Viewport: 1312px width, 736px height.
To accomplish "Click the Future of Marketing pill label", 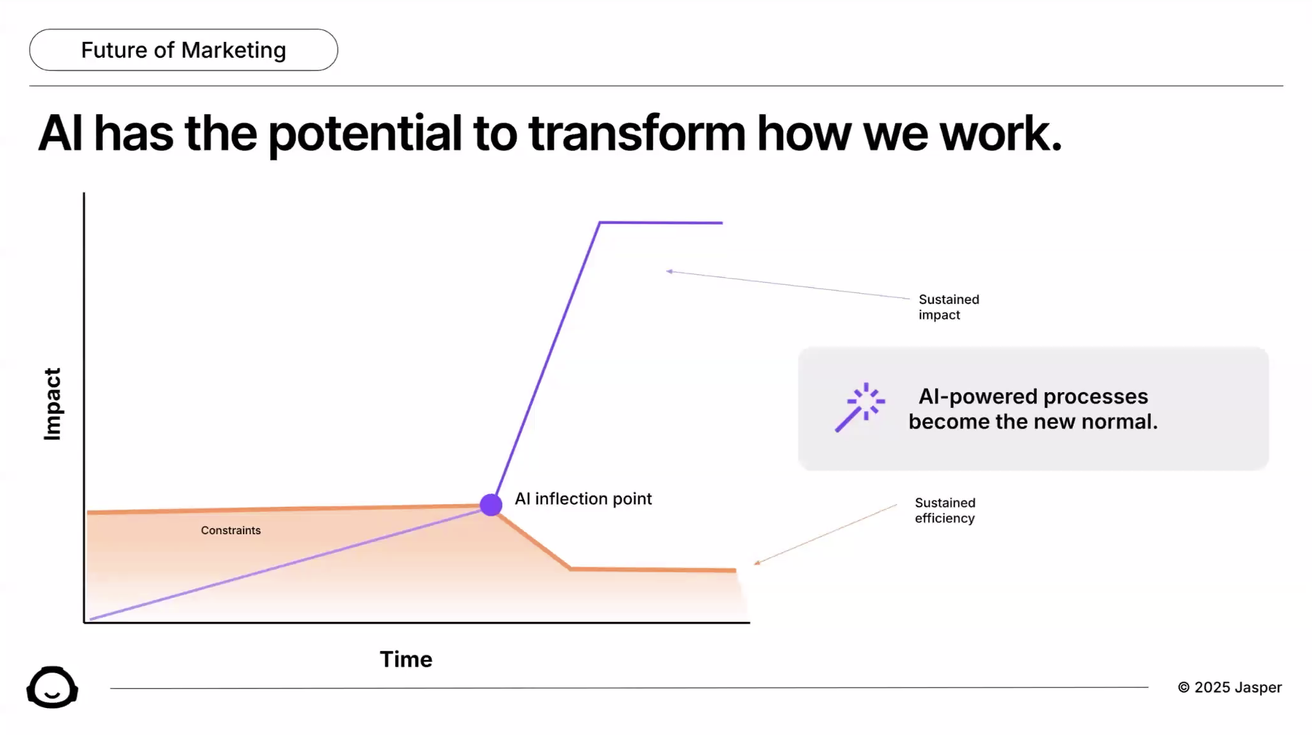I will tap(183, 50).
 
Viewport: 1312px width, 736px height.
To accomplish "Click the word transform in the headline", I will tap(636, 134).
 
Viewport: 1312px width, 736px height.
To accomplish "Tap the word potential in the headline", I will tap(365, 134).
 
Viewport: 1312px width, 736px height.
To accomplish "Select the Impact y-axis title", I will tap(52, 404).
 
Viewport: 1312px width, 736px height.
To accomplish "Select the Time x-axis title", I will tap(406, 659).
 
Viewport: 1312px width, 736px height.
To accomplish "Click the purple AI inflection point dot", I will tap(491, 504).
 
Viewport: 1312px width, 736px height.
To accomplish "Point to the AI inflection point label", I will tap(583, 499).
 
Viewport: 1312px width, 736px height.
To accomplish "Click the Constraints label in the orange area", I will tap(231, 530).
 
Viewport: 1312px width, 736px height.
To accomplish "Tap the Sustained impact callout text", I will tap(948, 307).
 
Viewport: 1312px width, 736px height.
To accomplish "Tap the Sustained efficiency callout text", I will tap(945, 510).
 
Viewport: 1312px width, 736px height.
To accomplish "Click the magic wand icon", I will tap(860, 407).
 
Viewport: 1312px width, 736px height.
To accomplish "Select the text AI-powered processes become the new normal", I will tap(1033, 409).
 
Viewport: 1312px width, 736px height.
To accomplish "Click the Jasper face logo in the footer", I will tap(52, 687).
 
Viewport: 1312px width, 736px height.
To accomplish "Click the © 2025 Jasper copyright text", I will tap(1230, 687).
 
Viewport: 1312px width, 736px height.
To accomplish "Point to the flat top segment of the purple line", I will tap(660, 223).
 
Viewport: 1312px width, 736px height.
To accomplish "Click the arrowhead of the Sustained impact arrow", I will tap(669, 272).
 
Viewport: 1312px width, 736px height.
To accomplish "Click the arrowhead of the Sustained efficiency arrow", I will tap(757, 562).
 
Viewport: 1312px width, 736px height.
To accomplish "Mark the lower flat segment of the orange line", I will tap(653, 570).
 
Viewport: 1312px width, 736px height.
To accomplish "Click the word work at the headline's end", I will tap(999, 134).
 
